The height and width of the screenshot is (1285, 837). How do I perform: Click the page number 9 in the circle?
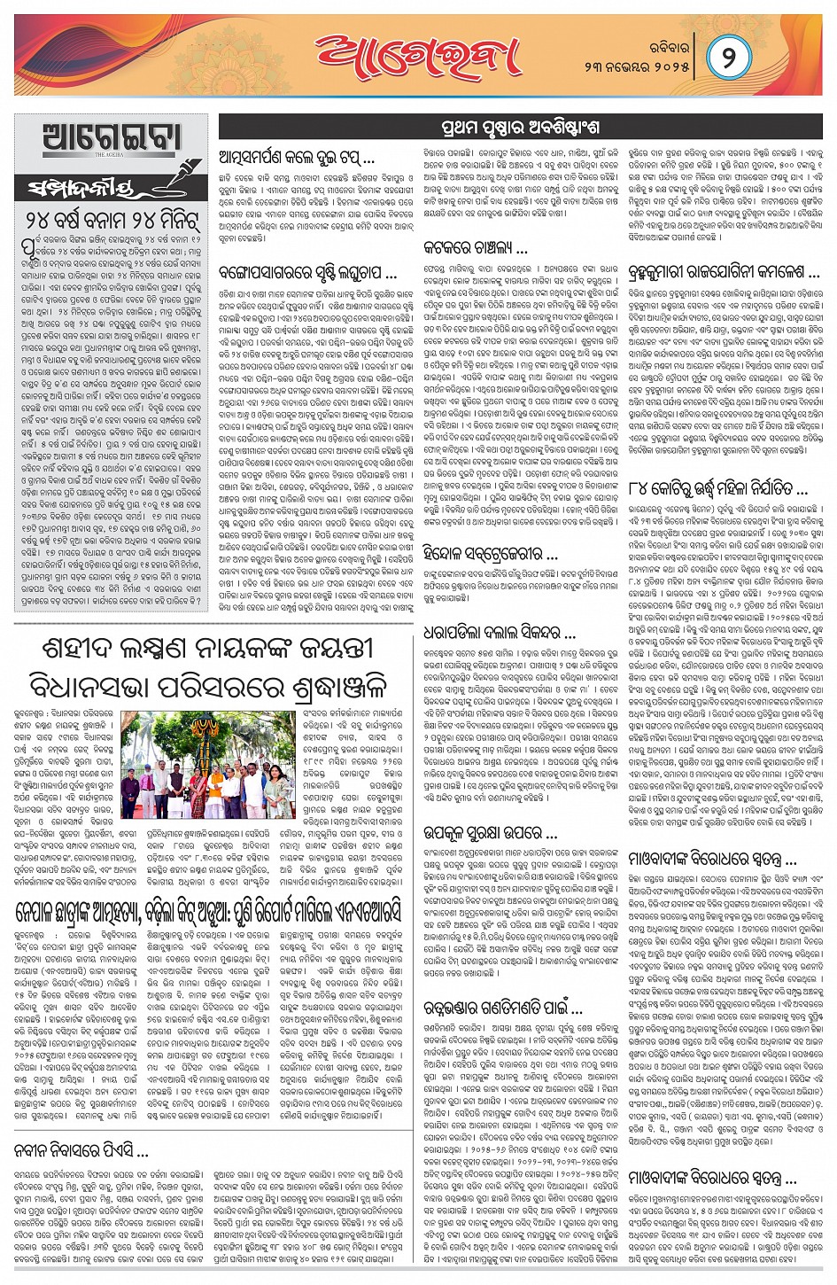point(731,59)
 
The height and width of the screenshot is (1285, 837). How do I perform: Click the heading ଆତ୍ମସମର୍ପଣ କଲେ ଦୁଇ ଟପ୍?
point(297,158)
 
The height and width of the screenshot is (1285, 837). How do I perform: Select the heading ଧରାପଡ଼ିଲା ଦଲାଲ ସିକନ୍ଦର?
point(500,634)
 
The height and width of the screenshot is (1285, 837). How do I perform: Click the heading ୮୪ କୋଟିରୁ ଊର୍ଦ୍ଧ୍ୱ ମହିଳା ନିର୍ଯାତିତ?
point(717,488)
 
